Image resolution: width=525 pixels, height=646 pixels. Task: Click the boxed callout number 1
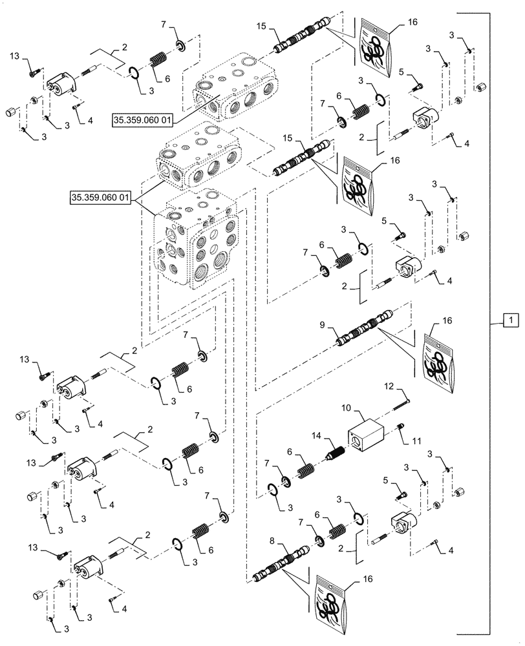point(510,319)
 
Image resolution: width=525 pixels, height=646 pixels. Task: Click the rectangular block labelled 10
point(370,434)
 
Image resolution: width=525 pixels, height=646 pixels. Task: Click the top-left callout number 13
point(15,57)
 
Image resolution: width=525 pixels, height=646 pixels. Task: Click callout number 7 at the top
point(165,24)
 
